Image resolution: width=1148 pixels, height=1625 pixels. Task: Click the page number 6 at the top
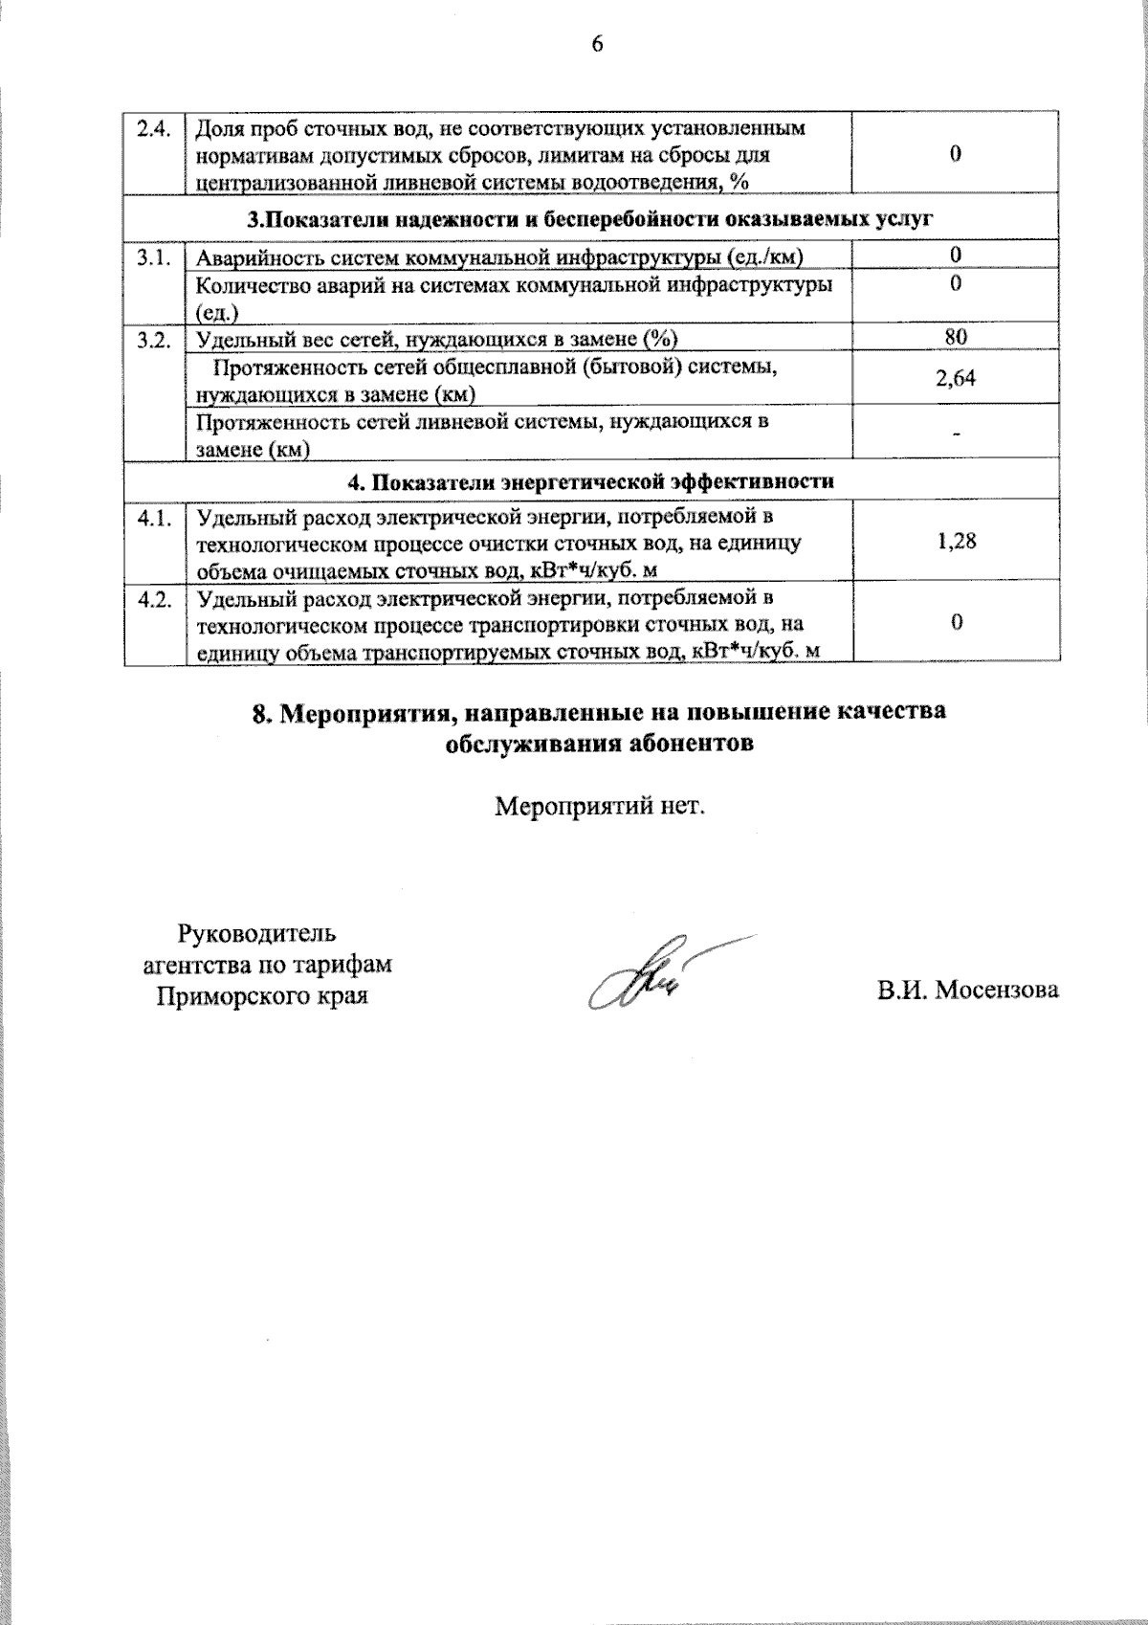597,45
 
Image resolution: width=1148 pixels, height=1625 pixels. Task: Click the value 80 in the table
955,336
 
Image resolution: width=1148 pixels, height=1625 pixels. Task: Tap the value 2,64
955,378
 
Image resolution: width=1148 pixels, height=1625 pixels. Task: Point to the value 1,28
956,542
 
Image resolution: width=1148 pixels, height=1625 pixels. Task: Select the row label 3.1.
153,256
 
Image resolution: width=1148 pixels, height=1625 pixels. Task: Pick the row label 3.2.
153,338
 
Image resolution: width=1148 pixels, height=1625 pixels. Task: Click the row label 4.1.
153,519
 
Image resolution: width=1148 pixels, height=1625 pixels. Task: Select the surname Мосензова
997,990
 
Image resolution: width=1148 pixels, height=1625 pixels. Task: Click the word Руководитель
257,932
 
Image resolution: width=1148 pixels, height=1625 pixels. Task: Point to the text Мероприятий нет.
599,806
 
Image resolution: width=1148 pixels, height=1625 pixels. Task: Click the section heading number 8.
258,714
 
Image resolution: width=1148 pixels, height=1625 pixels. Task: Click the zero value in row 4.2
956,623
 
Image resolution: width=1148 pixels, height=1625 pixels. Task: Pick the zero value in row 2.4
956,155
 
